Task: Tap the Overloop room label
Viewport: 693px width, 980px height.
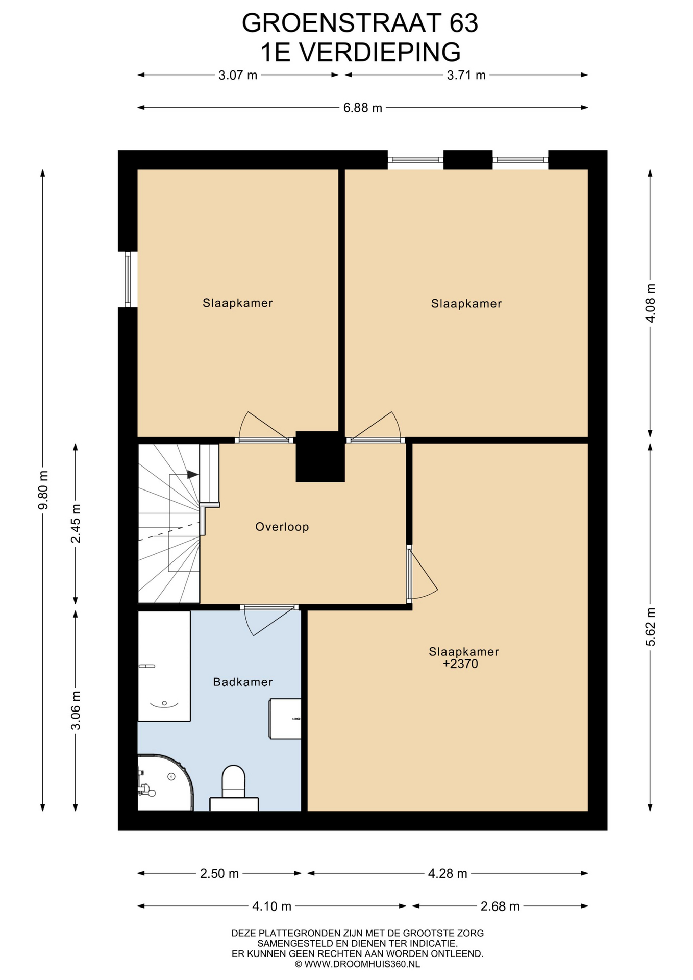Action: (x=282, y=527)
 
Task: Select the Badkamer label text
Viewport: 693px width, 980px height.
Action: (x=243, y=682)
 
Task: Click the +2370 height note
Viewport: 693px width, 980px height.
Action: (x=460, y=664)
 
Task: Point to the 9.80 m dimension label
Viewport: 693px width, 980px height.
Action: (x=43, y=489)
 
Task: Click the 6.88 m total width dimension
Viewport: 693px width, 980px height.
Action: (x=362, y=108)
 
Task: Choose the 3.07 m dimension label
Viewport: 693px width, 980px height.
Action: (x=238, y=75)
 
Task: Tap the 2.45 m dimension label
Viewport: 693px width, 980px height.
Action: (x=76, y=523)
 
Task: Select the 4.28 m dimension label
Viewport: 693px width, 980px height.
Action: (x=448, y=873)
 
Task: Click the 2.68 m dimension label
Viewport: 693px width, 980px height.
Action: (x=500, y=906)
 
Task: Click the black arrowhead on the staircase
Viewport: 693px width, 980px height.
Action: (x=193, y=474)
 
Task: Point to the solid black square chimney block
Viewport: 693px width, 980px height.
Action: (x=320, y=456)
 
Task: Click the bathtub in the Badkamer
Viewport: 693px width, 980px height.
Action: (x=164, y=666)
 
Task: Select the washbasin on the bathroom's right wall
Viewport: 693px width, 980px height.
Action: (x=285, y=719)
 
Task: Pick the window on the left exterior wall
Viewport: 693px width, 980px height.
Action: (x=128, y=279)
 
